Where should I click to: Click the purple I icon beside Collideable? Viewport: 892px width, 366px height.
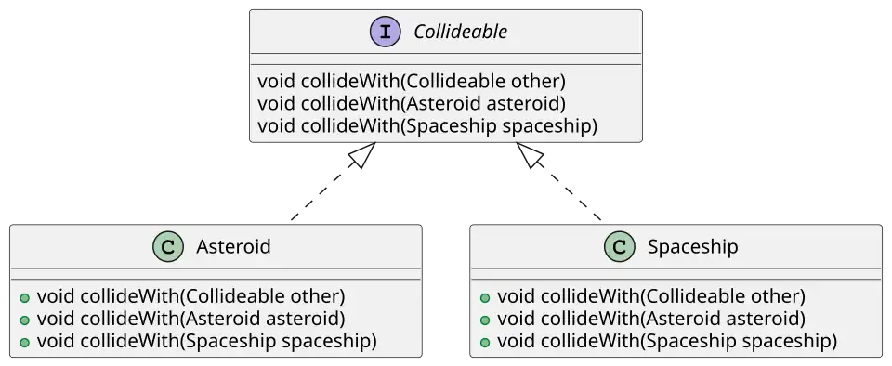384,33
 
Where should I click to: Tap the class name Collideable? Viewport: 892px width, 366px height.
461,33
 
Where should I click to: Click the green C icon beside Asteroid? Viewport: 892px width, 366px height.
165,247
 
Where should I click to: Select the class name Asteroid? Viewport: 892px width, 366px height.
233,247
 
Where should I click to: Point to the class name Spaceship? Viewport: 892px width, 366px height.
692,247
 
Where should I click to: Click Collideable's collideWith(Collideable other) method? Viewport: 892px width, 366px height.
411,82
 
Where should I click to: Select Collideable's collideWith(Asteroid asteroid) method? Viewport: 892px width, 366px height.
411,103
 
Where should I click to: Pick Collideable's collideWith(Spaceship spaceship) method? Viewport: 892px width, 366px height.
426,125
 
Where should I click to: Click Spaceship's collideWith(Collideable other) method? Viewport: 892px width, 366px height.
650,297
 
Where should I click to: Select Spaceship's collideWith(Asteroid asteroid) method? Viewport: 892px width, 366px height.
650,319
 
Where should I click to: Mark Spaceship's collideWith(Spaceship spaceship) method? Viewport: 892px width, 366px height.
666,341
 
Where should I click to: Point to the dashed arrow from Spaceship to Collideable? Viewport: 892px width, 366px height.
560,183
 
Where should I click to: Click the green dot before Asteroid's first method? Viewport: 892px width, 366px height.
24,298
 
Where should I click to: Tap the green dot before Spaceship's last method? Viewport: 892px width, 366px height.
485,342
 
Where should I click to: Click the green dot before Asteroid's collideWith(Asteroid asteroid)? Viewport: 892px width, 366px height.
24,320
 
